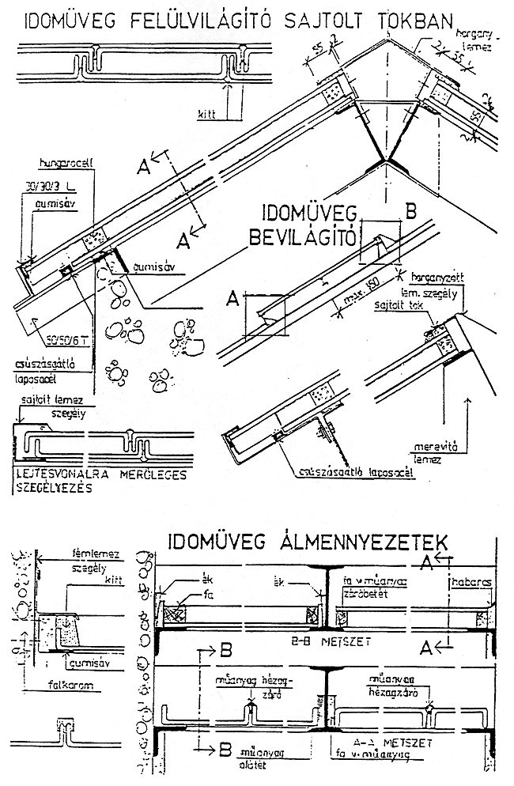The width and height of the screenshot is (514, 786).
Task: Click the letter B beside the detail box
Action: point(410,211)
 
